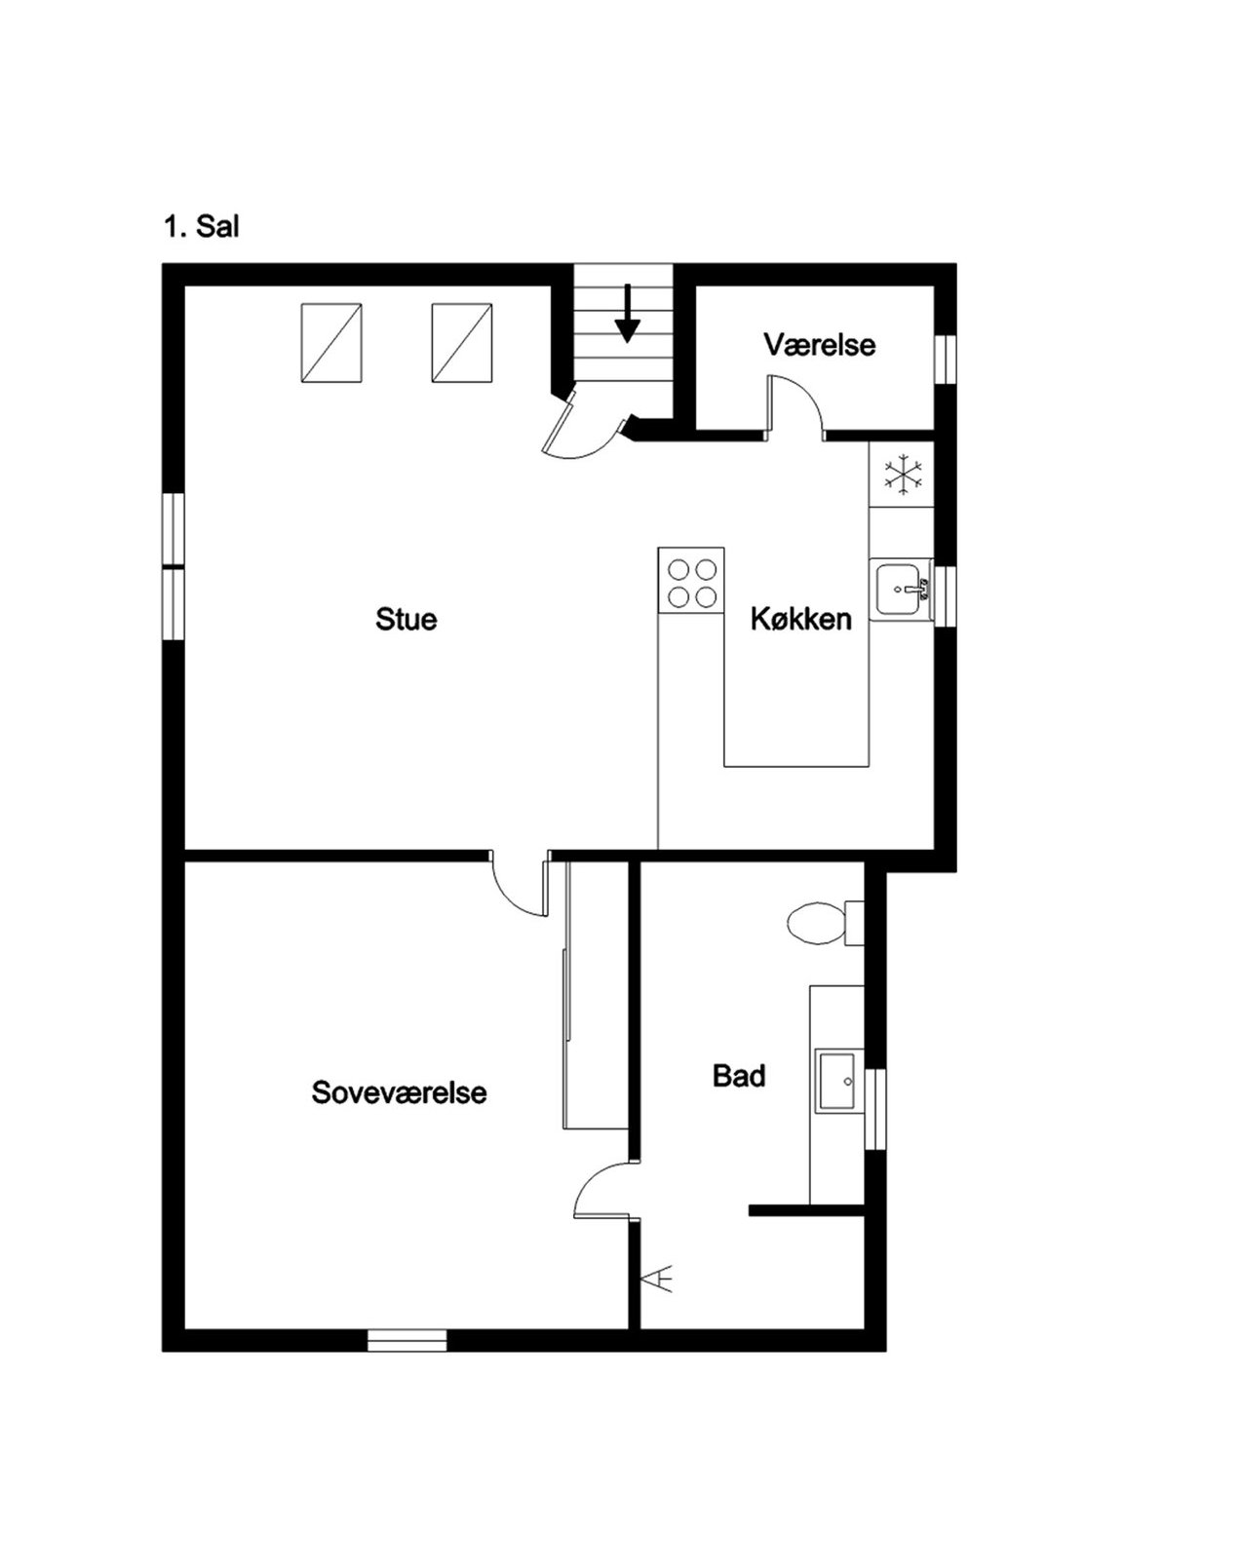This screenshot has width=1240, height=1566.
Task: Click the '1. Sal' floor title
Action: (201, 227)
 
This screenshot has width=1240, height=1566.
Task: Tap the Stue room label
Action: (407, 619)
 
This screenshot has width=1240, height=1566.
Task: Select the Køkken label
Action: (801, 619)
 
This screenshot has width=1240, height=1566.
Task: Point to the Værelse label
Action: (820, 344)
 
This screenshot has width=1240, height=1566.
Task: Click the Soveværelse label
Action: (399, 1092)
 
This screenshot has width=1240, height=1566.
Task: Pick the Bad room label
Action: (739, 1076)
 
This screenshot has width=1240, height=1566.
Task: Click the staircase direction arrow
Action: (627, 324)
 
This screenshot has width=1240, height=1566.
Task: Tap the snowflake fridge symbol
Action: (903, 476)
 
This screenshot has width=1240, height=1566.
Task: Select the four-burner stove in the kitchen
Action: (692, 581)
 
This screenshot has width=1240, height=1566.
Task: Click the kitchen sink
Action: (902, 590)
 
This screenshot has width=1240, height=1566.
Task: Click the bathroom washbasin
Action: (836, 1081)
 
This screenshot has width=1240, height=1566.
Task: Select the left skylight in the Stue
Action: (331, 343)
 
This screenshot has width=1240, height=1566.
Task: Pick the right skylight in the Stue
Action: (462, 343)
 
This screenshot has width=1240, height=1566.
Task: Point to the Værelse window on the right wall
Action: (945, 359)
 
